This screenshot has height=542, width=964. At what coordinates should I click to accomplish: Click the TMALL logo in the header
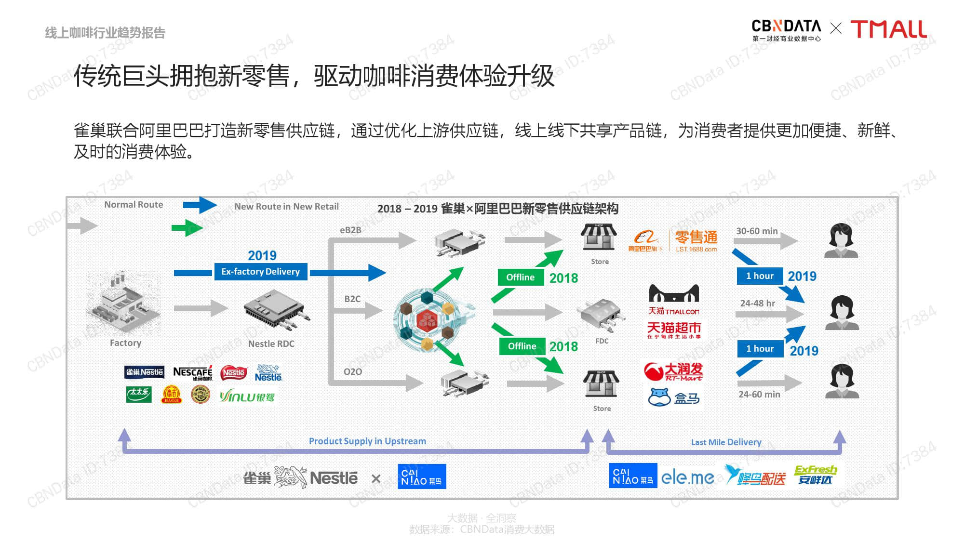[x=888, y=29]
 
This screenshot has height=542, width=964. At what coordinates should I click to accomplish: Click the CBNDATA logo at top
[x=786, y=30]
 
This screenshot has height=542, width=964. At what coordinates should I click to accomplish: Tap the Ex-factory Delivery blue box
[x=260, y=272]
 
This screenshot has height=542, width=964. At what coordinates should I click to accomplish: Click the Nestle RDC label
[x=271, y=344]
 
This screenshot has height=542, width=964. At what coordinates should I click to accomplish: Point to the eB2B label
[x=350, y=230]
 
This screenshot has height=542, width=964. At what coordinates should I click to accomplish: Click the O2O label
[x=352, y=372]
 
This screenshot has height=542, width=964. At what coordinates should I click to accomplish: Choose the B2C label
[x=352, y=299]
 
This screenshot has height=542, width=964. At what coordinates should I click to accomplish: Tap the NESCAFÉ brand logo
[x=193, y=373]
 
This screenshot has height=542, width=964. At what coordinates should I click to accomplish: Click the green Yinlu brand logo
[x=247, y=397]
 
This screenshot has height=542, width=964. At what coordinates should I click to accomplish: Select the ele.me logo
[x=687, y=477]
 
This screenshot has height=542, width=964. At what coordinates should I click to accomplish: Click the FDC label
[x=602, y=341]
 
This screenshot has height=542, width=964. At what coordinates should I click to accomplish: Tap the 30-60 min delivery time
[x=757, y=231]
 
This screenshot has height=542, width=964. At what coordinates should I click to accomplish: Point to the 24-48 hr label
[x=757, y=304]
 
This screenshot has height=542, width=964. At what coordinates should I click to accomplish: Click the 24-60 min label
[x=759, y=395]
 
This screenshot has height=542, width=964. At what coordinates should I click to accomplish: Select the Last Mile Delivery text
[x=726, y=442]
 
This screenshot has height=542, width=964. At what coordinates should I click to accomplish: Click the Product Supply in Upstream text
[x=367, y=441]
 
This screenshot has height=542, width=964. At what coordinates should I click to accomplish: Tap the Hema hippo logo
[x=660, y=397]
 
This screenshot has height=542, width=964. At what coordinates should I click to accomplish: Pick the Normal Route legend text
[x=134, y=205]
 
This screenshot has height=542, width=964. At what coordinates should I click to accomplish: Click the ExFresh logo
[x=815, y=475]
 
